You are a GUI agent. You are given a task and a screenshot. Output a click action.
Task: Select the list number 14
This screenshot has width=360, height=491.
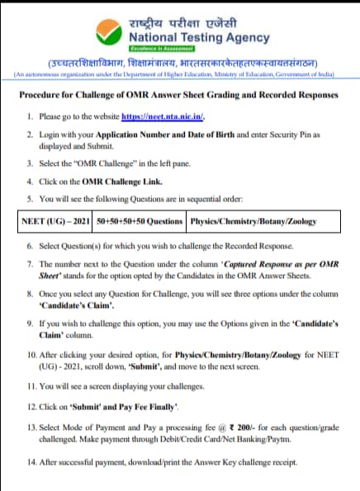32,462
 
